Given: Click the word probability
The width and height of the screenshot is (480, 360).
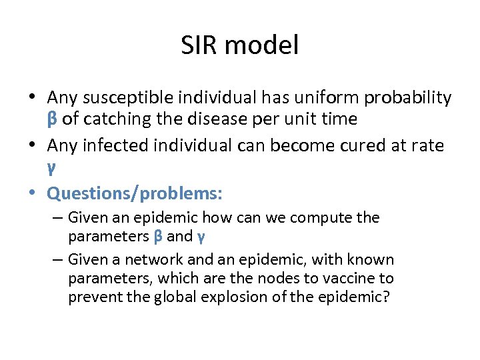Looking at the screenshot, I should (x=403, y=98).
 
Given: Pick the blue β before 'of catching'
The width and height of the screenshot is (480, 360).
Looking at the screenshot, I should (x=53, y=119).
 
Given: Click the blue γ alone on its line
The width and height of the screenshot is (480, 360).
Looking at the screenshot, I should (x=51, y=167).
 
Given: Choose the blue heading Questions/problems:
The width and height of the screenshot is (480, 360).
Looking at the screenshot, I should (x=135, y=193).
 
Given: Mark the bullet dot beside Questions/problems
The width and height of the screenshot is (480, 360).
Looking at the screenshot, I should (x=34, y=193).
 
